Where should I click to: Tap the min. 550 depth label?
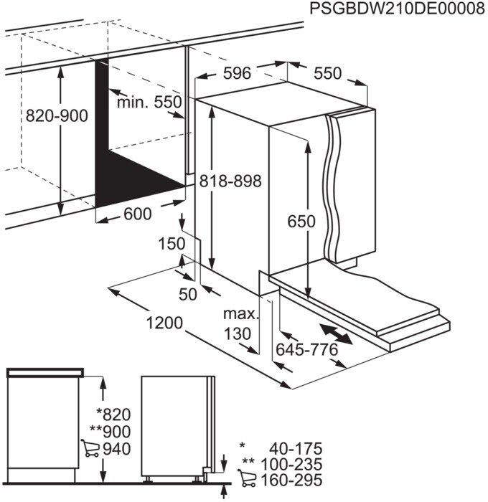(150, 103)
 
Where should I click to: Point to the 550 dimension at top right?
(327, 74)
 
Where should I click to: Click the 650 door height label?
(301, 222)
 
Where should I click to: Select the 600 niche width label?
(138, 214)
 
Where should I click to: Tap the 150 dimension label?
(172, 244)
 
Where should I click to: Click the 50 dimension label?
(188, 293)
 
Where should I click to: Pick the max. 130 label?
(239, 324)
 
